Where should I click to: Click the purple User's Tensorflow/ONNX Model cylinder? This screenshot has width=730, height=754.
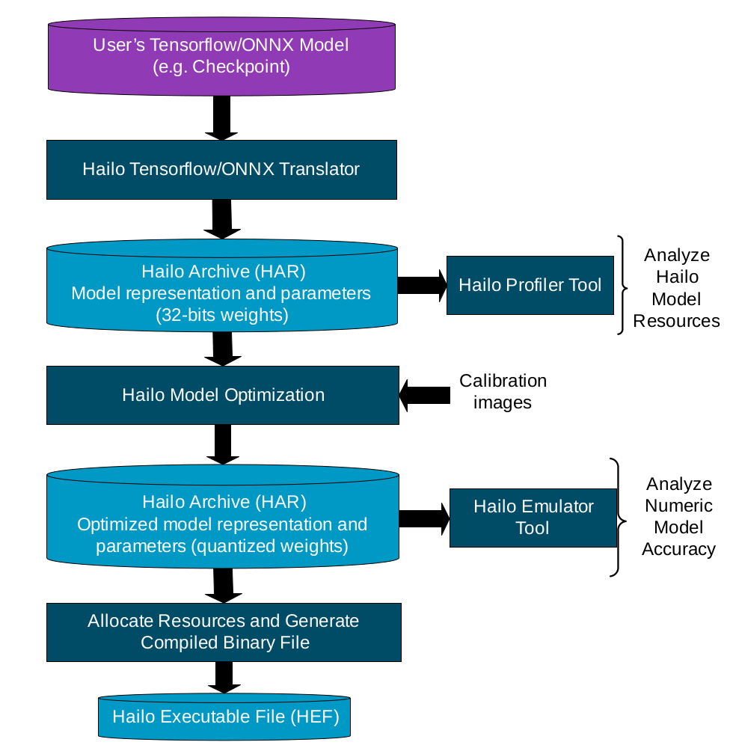pyautogui.click(x=221, y=56)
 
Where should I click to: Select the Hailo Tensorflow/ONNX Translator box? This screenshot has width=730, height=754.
pyautogui.click(x=221, y=169)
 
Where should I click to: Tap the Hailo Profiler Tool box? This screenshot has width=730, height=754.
pyautogui.click(x=530, y=285)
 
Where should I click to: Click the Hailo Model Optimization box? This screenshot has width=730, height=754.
pyautogui.click(x=223, y=395)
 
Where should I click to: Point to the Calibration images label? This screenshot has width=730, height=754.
pyautogui.click(x=503, y=391)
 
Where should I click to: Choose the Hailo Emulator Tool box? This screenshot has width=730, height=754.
pyautogui.click(x=533, y=518)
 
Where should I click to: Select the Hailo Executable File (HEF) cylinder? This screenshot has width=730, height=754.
pyautogui.click(x=225, y=717)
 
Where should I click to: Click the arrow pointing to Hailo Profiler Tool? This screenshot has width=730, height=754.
pyautogui.click(x=422, y=285)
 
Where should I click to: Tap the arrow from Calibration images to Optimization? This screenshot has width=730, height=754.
pyautogui.click(x=425, y=394)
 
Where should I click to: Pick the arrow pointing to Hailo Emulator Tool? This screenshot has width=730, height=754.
pyautogui.click(x=423, y=518)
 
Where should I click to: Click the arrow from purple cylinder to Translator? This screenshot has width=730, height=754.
pyautogui.click(x=221, y=119)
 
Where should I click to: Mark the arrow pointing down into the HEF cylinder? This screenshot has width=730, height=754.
pyautogui.click(x=222, y=678)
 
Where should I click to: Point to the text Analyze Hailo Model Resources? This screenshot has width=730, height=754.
pyautogui.click(x=676, y=288)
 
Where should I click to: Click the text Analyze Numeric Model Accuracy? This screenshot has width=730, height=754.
pyautogui.click(x=678, y=516)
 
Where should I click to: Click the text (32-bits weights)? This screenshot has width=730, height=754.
pyautogui.click(x=221, y=316)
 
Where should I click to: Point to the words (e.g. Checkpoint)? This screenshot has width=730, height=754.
pyautogui.click(x=221, y=67)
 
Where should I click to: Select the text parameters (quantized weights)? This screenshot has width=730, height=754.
pyautogui.click(x=222, y=547)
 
